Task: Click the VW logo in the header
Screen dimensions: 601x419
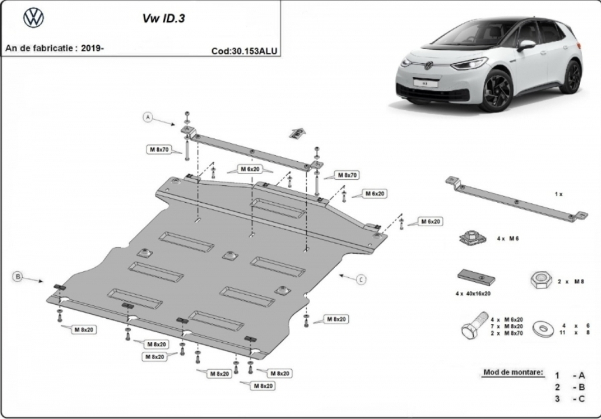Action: coord(34,18)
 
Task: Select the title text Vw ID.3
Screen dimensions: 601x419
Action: coord(164,18)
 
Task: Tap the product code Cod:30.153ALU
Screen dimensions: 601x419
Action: coord(244,51)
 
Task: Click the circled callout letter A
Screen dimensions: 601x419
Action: coord(148,117)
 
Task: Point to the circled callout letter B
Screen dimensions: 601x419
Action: coord(18,276)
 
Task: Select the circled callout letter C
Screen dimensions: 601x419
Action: coord(361,280)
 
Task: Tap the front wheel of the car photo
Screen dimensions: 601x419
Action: coord(497,91)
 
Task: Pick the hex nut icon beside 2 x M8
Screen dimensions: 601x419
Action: coord(541,280)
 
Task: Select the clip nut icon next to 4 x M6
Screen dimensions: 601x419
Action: coord(473,237)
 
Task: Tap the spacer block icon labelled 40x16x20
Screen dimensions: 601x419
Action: coord(476,277)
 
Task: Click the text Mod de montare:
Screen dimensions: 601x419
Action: coord(513,372)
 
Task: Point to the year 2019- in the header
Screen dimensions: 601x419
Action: coord(93,48)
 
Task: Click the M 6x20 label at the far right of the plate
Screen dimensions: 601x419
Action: coord(430,222)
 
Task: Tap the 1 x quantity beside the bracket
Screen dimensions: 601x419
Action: coord(558,194)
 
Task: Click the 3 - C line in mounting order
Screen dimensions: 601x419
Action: coord(570,398)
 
